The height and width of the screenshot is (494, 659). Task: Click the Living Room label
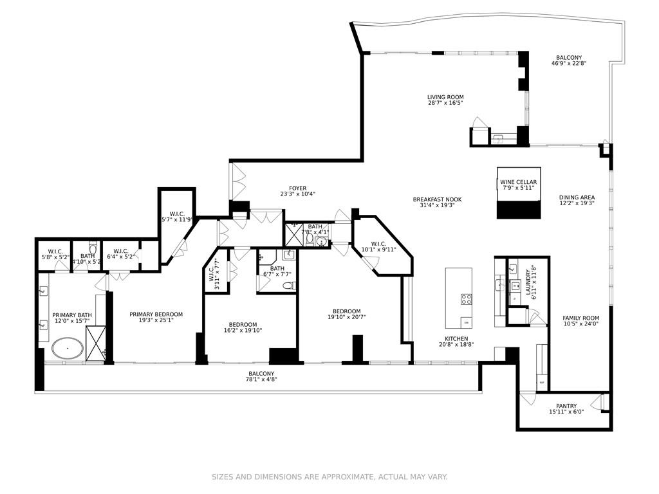pyautogui.click(x=445, y=97)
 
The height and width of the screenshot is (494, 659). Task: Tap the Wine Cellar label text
pyautogui.click(x=518, y=183)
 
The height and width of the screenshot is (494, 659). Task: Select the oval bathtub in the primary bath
pyautogui.click(x=67, y=350)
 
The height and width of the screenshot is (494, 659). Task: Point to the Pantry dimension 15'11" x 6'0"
pyautogui.click(x=566, y=412)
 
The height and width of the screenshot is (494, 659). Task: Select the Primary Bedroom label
pyautogui.click(x=156, y=315)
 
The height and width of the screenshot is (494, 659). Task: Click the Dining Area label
pyautogui.click(x=577, y=197)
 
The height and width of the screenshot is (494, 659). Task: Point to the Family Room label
pyautogui.click(x=580, y=318)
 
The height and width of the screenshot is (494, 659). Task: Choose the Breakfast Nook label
pyautogui.click(x=437, y=199)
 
